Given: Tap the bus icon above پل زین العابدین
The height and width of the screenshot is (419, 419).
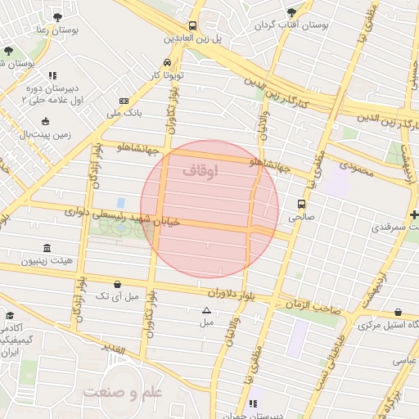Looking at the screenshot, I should (192, 25).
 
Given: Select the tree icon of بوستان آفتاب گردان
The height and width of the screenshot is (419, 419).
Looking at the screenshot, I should (291, 12).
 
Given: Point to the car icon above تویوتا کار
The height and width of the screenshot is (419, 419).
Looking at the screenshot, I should (167, 62).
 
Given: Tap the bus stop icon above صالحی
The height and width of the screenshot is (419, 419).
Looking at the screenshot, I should (301, 204).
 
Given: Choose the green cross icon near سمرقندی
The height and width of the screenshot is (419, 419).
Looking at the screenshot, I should (414, 214).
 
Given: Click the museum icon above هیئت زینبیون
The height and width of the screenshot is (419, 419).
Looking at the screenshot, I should (46, 248).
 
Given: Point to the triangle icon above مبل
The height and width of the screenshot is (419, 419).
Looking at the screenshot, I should (206, 310).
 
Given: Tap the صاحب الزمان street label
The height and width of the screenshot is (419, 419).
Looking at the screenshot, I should (313, 304).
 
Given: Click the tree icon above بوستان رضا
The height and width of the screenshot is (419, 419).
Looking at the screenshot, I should (57, 16).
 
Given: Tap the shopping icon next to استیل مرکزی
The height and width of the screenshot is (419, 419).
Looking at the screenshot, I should (398, 312).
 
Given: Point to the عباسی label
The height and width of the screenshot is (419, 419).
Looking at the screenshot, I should (405, 359).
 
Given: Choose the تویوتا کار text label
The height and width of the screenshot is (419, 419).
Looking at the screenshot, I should (166, 75).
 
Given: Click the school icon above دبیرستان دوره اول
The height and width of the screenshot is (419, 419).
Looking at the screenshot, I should (52, 75).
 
